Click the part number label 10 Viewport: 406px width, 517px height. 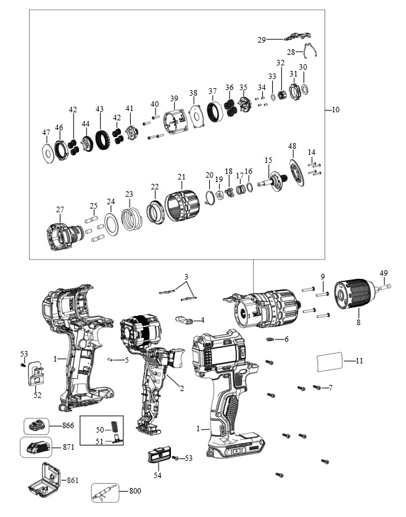[x=335, y=109]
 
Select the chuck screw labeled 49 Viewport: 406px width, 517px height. [x=384, y=287]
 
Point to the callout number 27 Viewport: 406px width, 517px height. [x=60, y=209]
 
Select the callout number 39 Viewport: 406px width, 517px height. [x=174, y=99]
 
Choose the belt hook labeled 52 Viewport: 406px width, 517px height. [x=36, y=374]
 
